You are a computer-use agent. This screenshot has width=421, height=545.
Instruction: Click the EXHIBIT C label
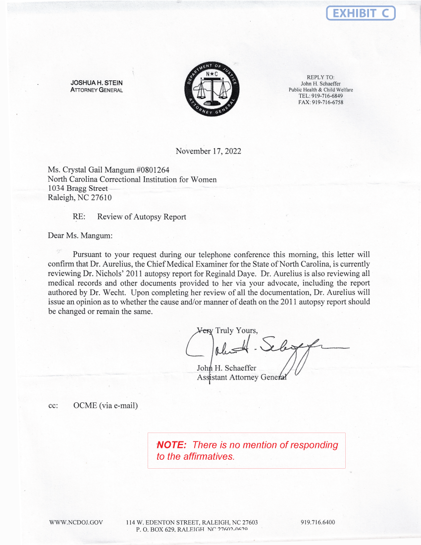click(361, 13)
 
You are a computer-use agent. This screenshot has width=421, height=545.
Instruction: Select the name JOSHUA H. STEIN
click(97, 83)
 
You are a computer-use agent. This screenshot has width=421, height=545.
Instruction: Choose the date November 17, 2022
click(209, 151)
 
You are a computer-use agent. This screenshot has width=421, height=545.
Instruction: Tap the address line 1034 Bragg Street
click(78, 188)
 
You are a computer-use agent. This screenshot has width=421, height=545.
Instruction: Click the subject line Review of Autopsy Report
click(142, 217)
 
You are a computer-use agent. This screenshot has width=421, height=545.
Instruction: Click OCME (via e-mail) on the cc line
click(105, 406)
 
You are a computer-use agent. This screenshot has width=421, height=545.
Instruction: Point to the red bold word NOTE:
click(171, 445)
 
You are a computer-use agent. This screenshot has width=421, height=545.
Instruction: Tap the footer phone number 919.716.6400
click(317, 522)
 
